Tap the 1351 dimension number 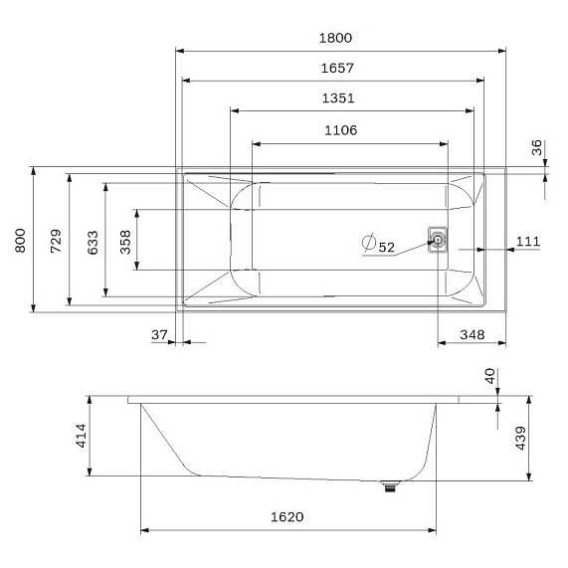click(x=338, y=98)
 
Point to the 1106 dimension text click(x=340, y=129)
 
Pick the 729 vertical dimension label click(x=56, y=240)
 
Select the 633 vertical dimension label click(x=92, y=240)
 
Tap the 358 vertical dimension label click(x=126, y=240)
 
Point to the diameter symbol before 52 click(x=368, y=243)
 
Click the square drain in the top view click(x=437, y=239)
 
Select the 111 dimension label click(x=528, y=242)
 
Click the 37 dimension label click(x=159, y=335)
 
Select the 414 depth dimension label click(x=81, y=436)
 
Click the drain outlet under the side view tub click(x=391, y=485)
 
